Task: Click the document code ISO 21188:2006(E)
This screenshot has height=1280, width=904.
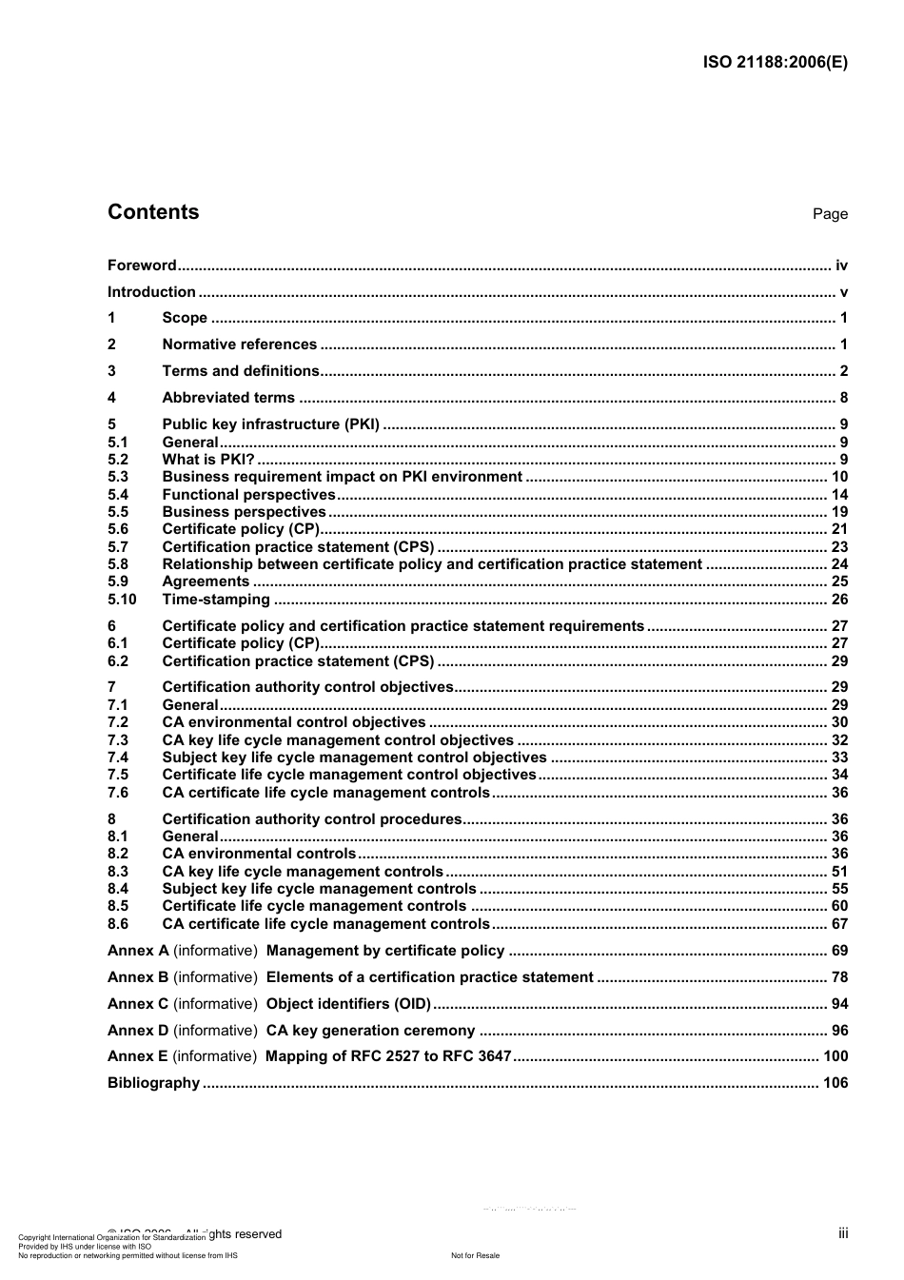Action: point(775,63)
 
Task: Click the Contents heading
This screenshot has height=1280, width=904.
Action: point(153,212)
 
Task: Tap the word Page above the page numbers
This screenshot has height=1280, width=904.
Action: point(830,214)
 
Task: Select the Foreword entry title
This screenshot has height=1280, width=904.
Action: point(142,266)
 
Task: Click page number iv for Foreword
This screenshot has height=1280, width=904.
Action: point(841,266)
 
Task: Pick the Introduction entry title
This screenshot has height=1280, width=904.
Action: point(151,292)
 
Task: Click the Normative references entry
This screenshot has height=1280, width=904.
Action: point(239,345)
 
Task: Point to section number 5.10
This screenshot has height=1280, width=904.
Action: point(122,600)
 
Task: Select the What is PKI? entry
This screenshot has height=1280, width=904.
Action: point(208,460)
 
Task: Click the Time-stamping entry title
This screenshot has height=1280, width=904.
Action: point(216,600)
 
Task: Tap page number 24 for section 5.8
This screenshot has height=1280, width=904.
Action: point(839,564)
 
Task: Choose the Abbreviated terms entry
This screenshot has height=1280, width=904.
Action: point(228,398)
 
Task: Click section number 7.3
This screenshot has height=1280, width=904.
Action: point(118,740)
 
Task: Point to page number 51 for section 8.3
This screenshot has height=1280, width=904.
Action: point(839,872)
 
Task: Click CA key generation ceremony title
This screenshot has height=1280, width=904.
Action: point(370,1031)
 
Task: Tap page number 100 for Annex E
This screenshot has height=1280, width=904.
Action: point(835,1056)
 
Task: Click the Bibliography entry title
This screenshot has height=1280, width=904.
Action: point(153,1083)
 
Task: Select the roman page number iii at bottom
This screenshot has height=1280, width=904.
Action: point(843,1233)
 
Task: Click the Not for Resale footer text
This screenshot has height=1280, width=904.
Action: point(475,1255)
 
